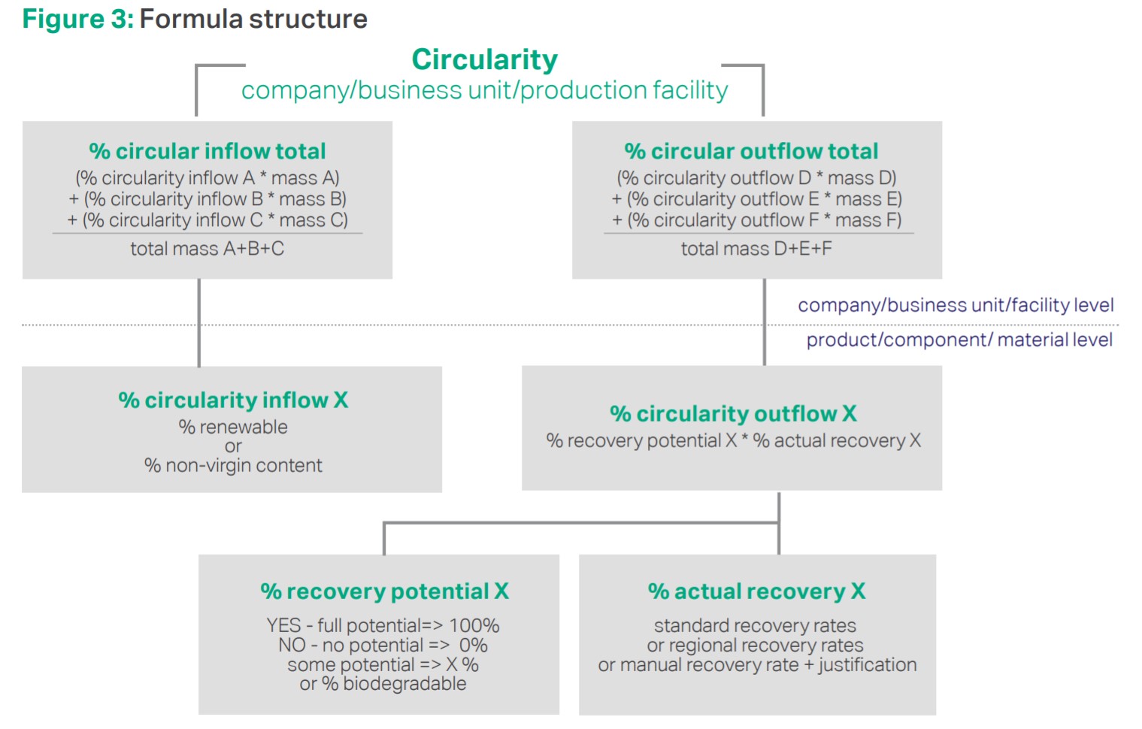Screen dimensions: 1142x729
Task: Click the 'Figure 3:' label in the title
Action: (78, 20)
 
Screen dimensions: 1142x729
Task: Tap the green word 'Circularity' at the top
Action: (484, 60)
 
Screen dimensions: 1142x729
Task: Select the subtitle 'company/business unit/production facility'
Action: (484, 91)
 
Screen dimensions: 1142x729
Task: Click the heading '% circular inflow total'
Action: (207, 151)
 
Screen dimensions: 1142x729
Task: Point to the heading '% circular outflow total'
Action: (752, 151)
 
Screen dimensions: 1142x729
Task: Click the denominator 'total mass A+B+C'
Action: (207, 249)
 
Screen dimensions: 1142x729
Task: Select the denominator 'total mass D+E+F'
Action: (756, 249)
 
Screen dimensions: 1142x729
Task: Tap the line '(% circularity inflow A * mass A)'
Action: (207, 178)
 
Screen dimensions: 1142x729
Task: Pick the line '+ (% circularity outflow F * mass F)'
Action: (756, 220)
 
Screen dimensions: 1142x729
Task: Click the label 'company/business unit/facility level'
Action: (956, 305)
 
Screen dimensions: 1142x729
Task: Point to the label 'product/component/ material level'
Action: (959, 340)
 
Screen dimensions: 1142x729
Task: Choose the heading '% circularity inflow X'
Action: (234, 401)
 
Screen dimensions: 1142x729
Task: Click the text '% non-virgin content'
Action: (233, 465)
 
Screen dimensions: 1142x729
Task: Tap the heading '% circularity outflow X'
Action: (733, 414)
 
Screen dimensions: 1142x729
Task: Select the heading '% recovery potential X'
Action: (385, 592)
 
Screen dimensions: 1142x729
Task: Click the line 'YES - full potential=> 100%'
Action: (383, 625)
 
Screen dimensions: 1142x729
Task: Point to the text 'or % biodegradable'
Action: (383, 684)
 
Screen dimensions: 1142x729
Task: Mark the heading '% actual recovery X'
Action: (757, 592)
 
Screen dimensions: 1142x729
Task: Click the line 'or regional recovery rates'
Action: (755, 646)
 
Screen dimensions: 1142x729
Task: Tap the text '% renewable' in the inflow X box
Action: (233, 427)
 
